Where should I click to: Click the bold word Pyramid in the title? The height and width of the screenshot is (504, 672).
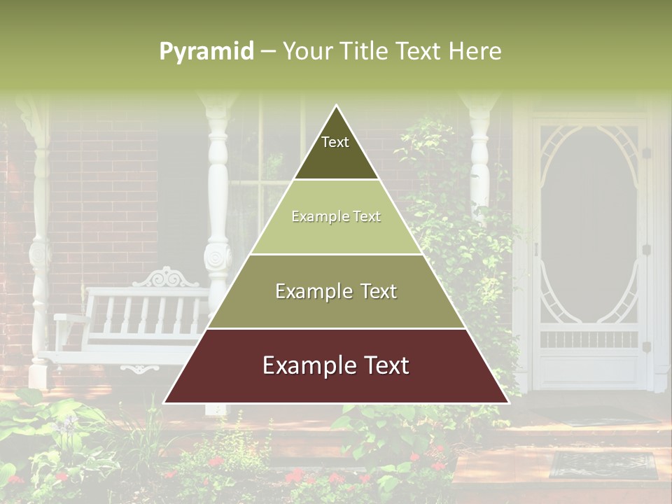pyautogui.click(x=206, y=52)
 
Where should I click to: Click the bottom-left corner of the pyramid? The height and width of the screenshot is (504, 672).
pyautogui.click(x=165, y=402)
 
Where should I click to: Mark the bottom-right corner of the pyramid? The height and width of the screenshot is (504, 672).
pyautogui.click(x=508, y=402)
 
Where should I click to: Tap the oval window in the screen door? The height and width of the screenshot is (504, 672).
pyautogui.click(x=588, y=224)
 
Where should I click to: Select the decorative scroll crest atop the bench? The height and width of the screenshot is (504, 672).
pyautogui.click(x=166, y=278)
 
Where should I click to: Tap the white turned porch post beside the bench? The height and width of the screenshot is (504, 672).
pyautogui.click(x=218, y=210)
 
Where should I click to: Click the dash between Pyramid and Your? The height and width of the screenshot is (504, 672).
pyautogui.click(x=268, y=52)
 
